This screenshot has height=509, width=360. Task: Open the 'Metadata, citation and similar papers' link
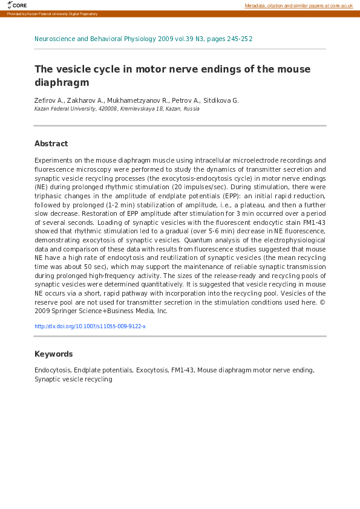tap(298, 5)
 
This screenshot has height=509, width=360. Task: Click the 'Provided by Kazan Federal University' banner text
tap(52, 14)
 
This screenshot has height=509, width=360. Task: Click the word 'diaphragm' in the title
tap(62, 82)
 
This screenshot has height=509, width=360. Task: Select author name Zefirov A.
tap(48, 100)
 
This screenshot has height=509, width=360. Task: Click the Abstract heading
tap(51, 144)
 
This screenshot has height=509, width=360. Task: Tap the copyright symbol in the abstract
tap(322, 302)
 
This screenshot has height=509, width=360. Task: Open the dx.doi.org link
tap(90, 326)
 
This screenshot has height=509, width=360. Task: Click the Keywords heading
tap(53, 354)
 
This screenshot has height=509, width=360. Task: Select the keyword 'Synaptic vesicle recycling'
tap(73, 379)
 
